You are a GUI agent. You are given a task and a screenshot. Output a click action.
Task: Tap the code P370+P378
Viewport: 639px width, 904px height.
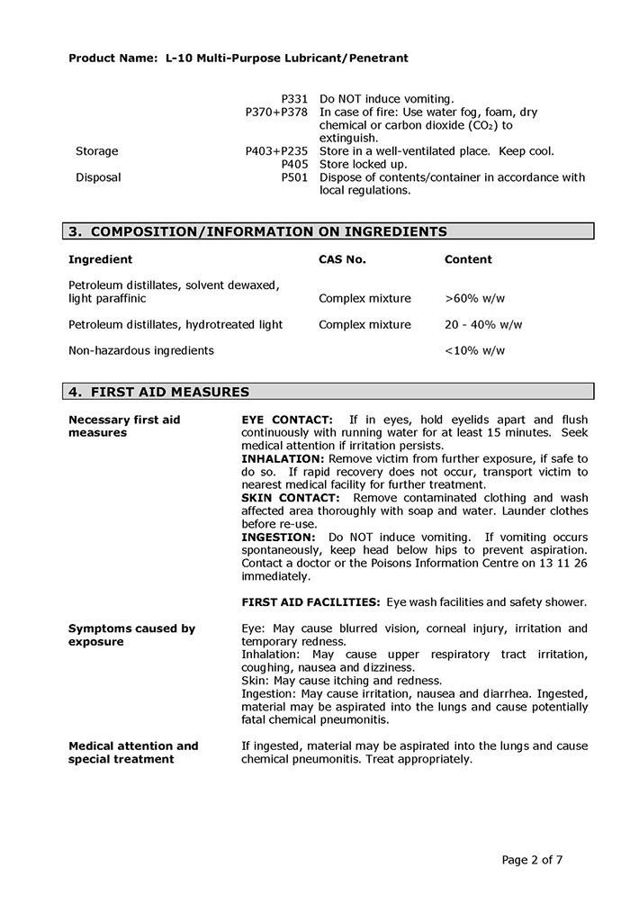point(276,112)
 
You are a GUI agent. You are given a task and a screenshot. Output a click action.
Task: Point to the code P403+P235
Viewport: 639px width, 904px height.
point(276,151)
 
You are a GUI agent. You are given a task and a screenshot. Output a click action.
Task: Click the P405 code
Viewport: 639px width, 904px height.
point(294,165)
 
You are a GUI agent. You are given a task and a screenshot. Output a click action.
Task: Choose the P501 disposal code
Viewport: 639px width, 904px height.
point(294,177)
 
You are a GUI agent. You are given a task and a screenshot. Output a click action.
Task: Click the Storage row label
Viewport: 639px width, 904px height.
point(96,151)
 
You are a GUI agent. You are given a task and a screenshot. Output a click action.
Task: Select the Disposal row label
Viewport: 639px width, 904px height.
point(98,177)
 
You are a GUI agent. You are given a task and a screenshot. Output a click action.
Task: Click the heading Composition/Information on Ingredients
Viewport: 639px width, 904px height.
point(258,231)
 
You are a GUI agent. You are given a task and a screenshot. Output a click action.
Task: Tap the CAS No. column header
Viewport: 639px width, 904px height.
point(342,259)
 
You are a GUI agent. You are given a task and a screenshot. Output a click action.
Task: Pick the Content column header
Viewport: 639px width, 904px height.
point(468,259)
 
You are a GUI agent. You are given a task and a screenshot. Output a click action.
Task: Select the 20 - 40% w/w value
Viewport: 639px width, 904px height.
point(483,324)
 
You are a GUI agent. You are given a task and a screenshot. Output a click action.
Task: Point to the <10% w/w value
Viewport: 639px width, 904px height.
point(475,350)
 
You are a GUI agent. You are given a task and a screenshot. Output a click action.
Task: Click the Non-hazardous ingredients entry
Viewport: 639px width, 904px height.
point(141,350)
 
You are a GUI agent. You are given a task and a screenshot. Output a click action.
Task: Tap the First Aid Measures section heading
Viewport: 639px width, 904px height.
point(159,392)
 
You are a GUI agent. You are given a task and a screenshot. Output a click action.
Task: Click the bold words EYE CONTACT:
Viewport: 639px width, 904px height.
point(287,420)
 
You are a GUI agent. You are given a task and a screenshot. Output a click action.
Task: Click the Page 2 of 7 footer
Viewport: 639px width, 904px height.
point(532,859)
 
